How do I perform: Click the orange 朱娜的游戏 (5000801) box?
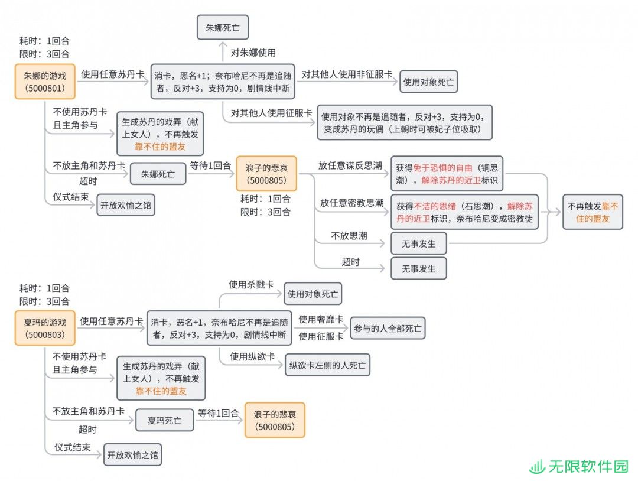(45, 82)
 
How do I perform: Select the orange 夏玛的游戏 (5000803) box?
(45, 328)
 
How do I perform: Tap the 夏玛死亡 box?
(164, 420)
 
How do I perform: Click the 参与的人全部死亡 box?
(388, 328)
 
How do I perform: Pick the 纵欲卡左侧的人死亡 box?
(327, 365)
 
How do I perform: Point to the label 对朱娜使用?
(253, 53)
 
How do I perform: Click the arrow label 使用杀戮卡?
(251, 284)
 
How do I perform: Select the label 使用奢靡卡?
(321, 319)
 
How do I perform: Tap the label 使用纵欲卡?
(252, 356)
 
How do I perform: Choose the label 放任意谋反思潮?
(350, 165)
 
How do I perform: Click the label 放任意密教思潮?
(352, 202)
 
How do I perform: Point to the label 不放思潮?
(349, 236)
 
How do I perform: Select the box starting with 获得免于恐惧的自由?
(447, 174)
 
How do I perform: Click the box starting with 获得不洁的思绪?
(464, 212)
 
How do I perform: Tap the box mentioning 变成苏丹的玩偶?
(405, 122)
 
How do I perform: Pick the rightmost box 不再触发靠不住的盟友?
(593, 212)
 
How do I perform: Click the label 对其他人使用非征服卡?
(347, 74)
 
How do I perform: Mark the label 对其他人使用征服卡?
(271, 113)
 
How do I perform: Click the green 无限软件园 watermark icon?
(537, 467)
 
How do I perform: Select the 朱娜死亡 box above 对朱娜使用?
(223, 27)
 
